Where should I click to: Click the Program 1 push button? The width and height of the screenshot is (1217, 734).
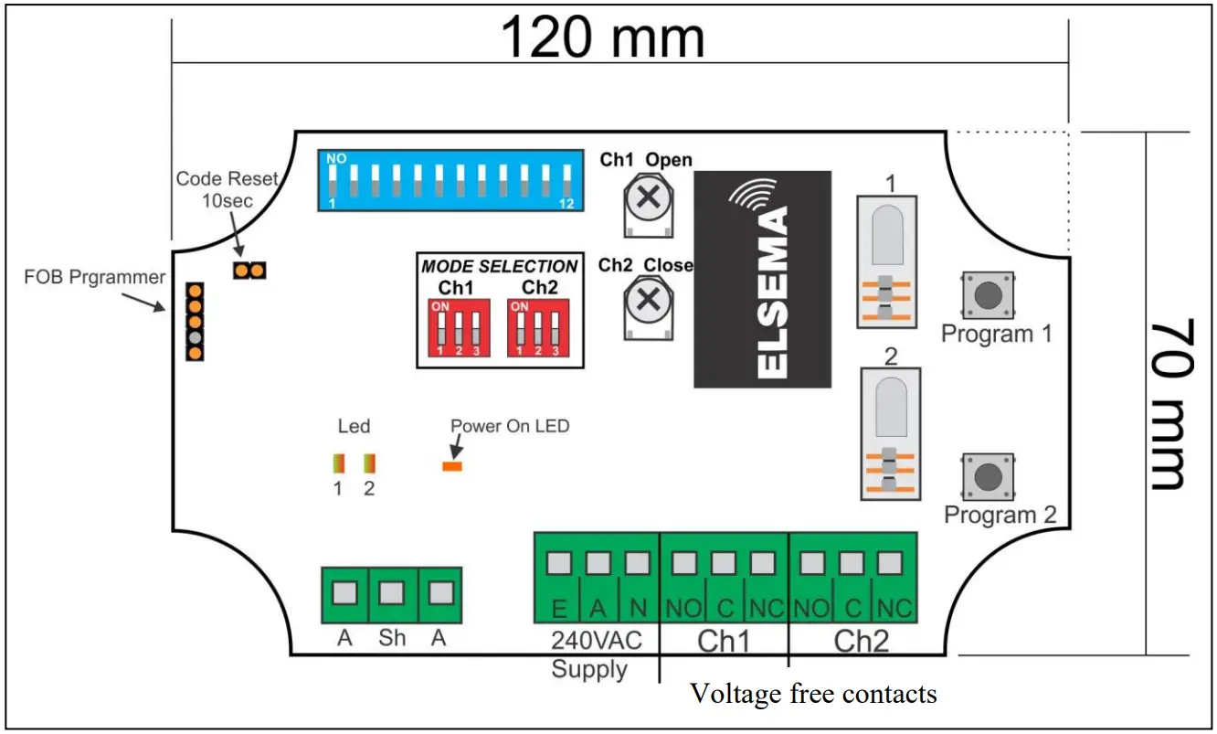pos(987,294)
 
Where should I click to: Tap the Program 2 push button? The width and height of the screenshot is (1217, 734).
pos(987,476)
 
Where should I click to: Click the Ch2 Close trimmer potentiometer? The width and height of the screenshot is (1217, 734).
pos(648,299)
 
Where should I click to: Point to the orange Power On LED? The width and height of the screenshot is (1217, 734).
pos(452,467)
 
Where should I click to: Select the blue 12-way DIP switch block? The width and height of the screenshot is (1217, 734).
pos(450,180)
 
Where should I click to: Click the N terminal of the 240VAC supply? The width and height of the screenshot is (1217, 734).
pos(637,564)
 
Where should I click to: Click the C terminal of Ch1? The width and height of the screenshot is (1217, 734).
pos(723,564)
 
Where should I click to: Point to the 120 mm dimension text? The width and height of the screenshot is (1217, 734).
pos(603,38)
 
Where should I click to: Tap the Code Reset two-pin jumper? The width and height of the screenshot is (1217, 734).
pos(249,271)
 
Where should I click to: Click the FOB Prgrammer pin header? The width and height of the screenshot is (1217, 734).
pos(195,321)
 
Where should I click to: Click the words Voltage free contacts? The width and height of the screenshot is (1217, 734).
pos(813,694)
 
